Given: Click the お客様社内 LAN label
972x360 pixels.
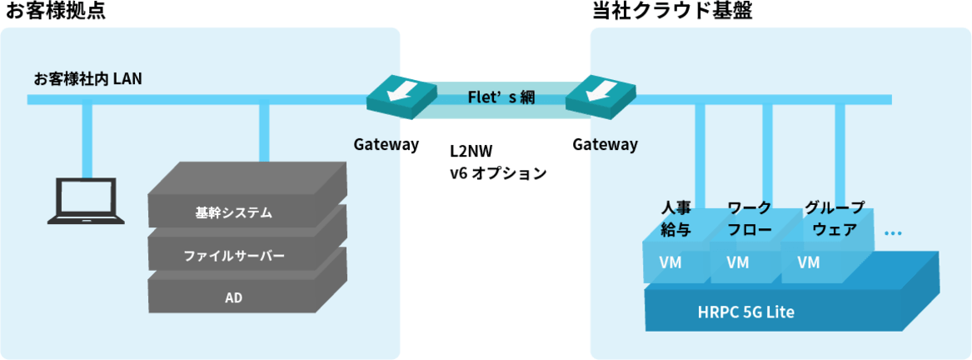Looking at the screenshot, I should pyautogui.click(x=88, y=79).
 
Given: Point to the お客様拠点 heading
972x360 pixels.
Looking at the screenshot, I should pyautogui.click(x=55, y=12).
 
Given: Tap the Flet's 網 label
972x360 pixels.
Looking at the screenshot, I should pyautogui.click(x=501, y=97).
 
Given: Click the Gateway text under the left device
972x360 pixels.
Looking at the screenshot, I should pyautogui.click(x=386, y=144).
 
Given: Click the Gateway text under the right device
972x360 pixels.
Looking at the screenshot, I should pyautogui.click(x=606, y=144).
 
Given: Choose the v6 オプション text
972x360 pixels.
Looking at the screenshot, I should pyautogui.click(x=498, y=174).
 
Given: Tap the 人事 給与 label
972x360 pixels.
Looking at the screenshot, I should pyautogui.click(x=675, y=218).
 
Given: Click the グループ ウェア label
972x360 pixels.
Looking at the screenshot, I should pyautogui.click(x=835, y=218).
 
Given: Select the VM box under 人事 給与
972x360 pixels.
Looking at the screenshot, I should pyautogui.click(x=670, y=262).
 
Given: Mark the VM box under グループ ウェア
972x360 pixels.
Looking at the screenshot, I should pyautogui.click(x=809, y=262).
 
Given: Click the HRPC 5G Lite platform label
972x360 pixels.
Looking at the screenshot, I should pyautogui.click(x=745, y=313).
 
